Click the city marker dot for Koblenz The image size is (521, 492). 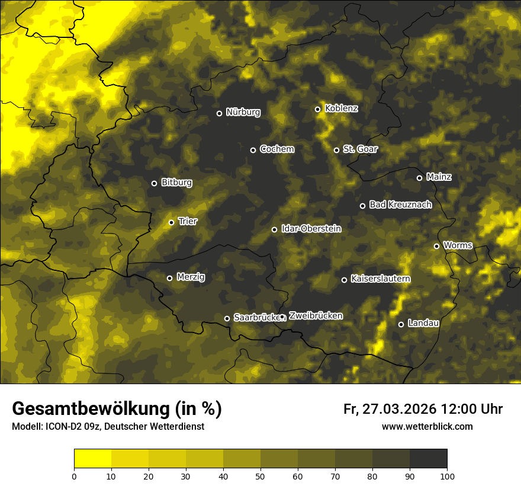pos(317,109)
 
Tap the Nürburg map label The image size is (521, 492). pos(243,112)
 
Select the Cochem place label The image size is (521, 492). pos(276,149)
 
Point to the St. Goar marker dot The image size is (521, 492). pos(336,150)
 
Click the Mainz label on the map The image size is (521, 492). pos(439,177)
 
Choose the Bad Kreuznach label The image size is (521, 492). pos(400,205)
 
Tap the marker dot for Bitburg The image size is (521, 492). pos(154,183)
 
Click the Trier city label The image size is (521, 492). pos(188,221)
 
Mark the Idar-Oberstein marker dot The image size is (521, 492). pos(274,229)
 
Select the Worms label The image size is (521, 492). pos(458,245)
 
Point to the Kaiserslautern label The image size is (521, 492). pos(380,279)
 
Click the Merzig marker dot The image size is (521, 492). pos(169,278)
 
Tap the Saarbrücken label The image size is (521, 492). pos(256,317)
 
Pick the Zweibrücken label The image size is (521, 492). pos(316,315)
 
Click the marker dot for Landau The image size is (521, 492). pos(401,324)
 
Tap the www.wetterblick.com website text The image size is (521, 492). pos(427,426)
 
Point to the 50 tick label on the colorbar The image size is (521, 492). pos(260,475)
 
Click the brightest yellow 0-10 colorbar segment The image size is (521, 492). pos(92,459)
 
